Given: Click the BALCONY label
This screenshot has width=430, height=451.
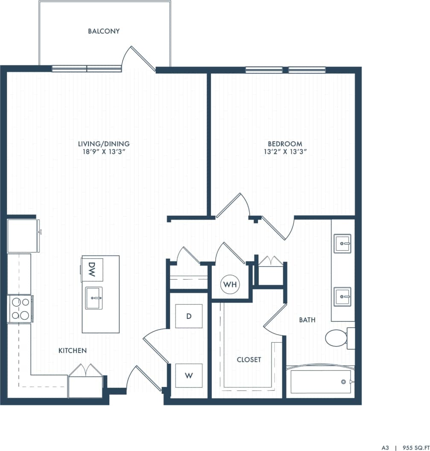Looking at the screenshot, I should click(x=104, y=31).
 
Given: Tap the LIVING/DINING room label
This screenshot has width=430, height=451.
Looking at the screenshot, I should click(x=104, y=144).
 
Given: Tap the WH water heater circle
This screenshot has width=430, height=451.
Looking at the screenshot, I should click(x=230, y=284).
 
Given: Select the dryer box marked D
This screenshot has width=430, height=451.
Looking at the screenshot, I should click(x=189, y=316).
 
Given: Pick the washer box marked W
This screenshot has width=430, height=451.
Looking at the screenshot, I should click(x=189, y=376).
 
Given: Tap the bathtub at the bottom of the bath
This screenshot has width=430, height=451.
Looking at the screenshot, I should click(x=320, y=382).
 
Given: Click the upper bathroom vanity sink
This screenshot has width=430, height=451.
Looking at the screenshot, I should click(x=342, y=243).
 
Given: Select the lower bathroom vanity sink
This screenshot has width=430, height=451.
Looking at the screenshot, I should click(x=342, y=296).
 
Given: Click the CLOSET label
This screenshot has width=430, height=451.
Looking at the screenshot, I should click(x=249, y=360).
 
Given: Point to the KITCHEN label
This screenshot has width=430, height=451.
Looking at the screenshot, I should click(x=73, y=350).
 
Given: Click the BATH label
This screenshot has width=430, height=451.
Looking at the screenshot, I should click(x=307, y=320).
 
